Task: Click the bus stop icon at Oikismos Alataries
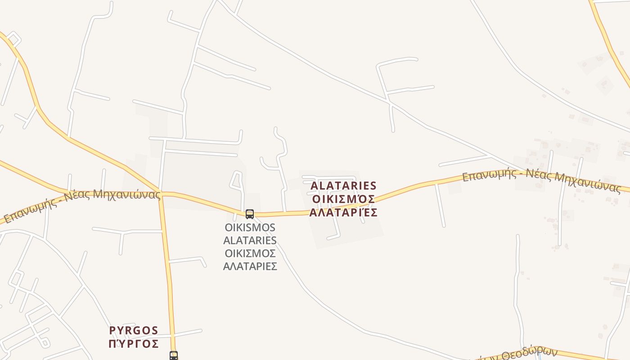(250, 214)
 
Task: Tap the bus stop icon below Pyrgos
(174, 355)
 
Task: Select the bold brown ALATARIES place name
(343, 185)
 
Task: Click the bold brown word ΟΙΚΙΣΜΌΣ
(343, 199)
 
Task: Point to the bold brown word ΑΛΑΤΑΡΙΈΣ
(343, 212)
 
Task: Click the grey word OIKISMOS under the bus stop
(250, 227)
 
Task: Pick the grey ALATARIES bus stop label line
(250, 240)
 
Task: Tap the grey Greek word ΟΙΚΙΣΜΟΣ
(250, 253)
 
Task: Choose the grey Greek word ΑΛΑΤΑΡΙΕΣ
(250, 266)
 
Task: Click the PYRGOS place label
(134, 331)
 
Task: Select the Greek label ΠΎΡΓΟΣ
(134, 344)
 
